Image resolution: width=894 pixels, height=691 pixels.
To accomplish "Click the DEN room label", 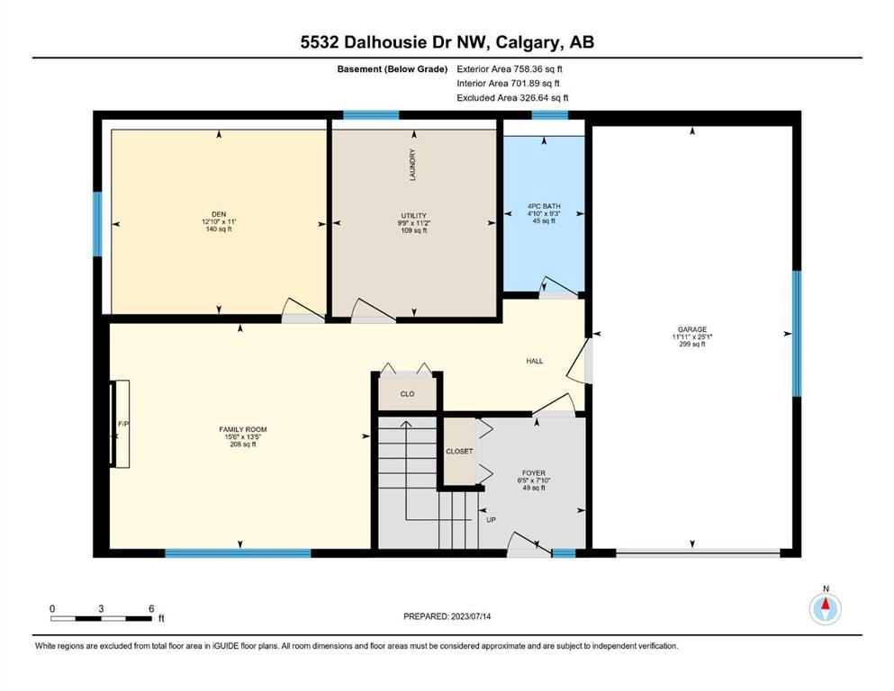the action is [x=219, y=214].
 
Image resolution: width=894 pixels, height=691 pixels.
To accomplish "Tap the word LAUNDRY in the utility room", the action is [x=412, y=165].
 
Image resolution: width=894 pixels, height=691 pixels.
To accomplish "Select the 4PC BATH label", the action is [x=544, y=206].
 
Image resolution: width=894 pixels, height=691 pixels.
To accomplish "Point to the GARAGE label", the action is [x=692, y=329].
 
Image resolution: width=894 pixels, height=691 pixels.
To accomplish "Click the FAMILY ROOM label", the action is [x=243, y=429].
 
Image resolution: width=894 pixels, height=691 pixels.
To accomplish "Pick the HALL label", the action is [x=534, y=361].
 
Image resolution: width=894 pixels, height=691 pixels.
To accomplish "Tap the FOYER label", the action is [x=534, y=473].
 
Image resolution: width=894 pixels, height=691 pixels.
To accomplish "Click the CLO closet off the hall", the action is [x=407, y=394].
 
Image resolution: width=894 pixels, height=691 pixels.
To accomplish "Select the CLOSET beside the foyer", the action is [x=459, y=451].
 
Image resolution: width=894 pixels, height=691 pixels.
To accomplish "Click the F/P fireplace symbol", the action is [x=122, y=424].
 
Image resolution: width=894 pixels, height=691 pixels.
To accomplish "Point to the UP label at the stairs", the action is [x=491, y=520].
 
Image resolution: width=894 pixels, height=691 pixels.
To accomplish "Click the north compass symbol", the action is [x=825, y=609].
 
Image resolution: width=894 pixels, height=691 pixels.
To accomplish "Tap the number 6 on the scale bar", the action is [x=151, y=608].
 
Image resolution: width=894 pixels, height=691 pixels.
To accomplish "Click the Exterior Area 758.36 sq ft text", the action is [x=510, y=69].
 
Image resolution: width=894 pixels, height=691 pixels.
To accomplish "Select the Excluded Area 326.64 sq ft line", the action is [x=512, y=97].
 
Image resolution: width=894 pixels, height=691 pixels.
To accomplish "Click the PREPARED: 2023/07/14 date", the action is [x=447, y=616].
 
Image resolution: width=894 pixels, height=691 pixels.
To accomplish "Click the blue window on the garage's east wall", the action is [x=797, y=333].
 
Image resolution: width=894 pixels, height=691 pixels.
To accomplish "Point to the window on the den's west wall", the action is [x=97, y=224].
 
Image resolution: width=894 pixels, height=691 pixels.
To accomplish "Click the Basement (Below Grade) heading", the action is [x=393, y=69].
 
